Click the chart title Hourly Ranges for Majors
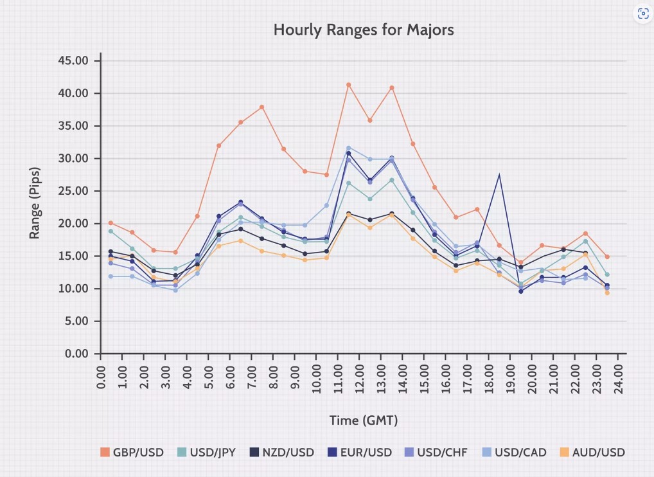364,30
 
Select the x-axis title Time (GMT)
364,420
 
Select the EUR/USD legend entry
362,452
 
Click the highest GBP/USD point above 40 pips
349,84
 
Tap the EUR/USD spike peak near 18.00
499,174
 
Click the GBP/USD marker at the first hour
111,223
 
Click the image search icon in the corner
642,14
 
